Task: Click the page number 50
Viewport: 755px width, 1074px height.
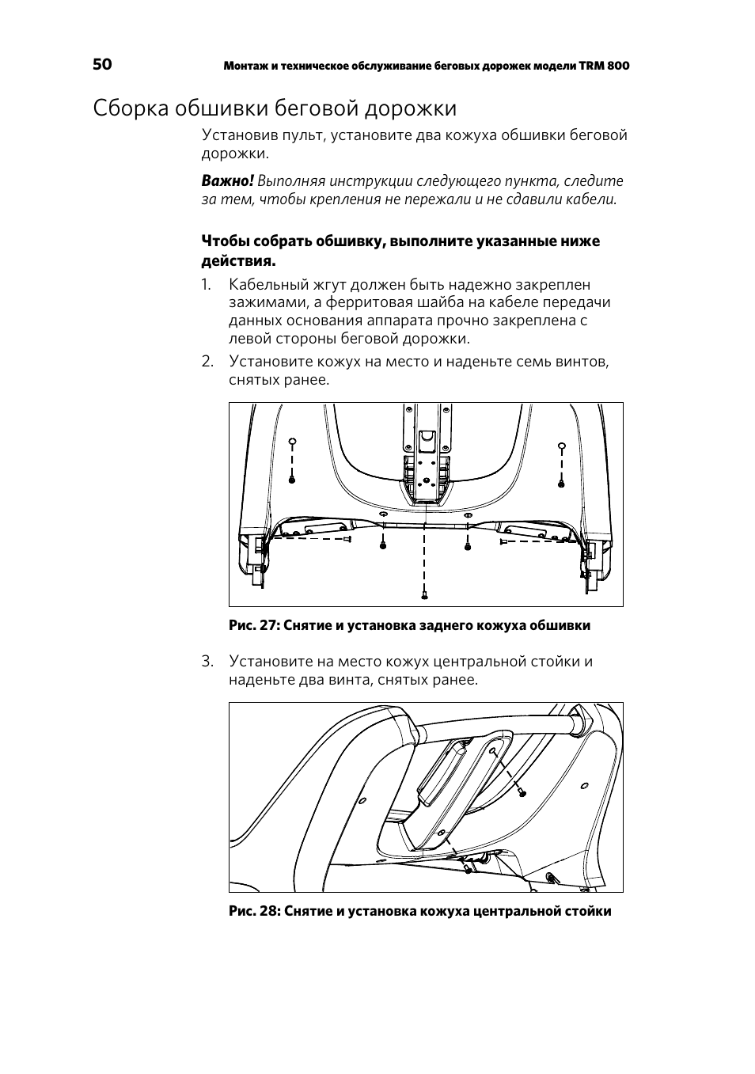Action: (102, 65)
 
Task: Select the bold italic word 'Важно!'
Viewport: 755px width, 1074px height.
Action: (227, 181)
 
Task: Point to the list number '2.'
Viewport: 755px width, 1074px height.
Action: (207, 362)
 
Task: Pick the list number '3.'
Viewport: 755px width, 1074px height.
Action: (207, 662)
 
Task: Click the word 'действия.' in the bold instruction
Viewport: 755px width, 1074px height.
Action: (238, 260)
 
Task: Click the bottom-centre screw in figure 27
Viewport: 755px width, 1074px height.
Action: (424, 594)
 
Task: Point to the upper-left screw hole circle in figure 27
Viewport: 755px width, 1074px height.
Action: (292, 442)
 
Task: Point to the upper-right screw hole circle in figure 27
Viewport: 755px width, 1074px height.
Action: (561, 444)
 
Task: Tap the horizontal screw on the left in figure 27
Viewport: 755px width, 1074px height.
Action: (347, 539)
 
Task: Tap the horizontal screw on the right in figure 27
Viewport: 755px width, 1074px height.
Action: (503, 542)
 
